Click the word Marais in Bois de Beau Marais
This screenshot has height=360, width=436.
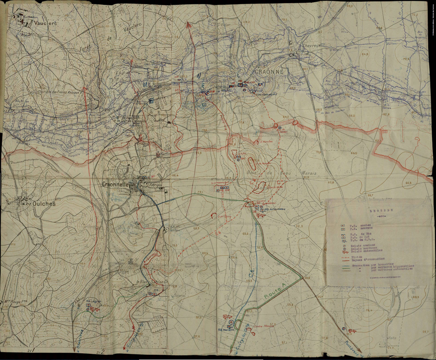[x=308, y=174]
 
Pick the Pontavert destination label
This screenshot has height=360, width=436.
[x=352, y=348]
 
